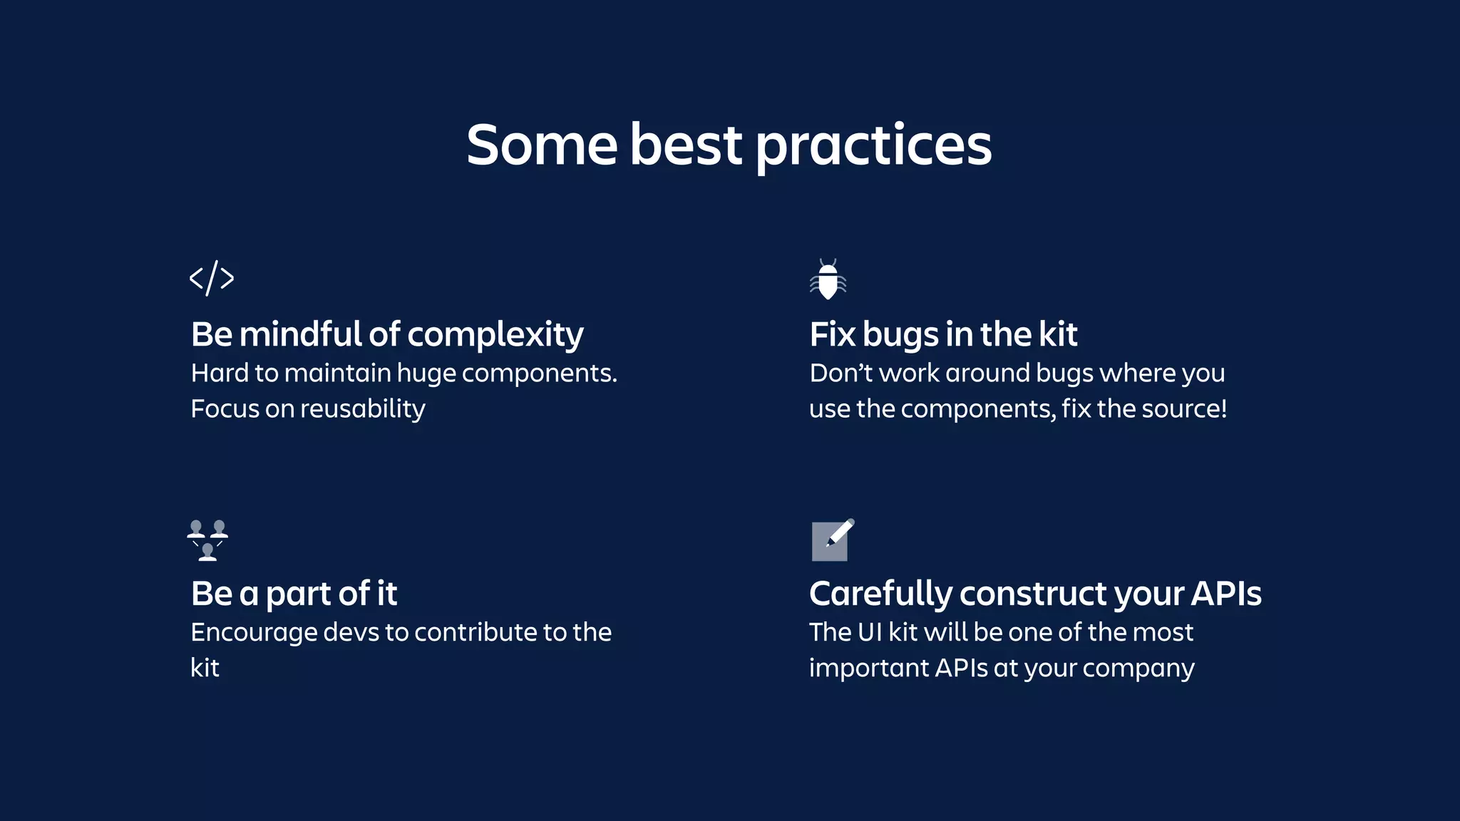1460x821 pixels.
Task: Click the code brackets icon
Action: (212, 278)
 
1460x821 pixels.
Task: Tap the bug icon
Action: (828, 279)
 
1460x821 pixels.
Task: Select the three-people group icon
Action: (207, 540)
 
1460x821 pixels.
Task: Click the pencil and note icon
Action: (832, 540)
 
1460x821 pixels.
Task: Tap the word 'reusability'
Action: (362, 409)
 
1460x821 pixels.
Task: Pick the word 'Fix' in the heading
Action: (832, 334)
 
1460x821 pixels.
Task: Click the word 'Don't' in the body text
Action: (840, 373)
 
